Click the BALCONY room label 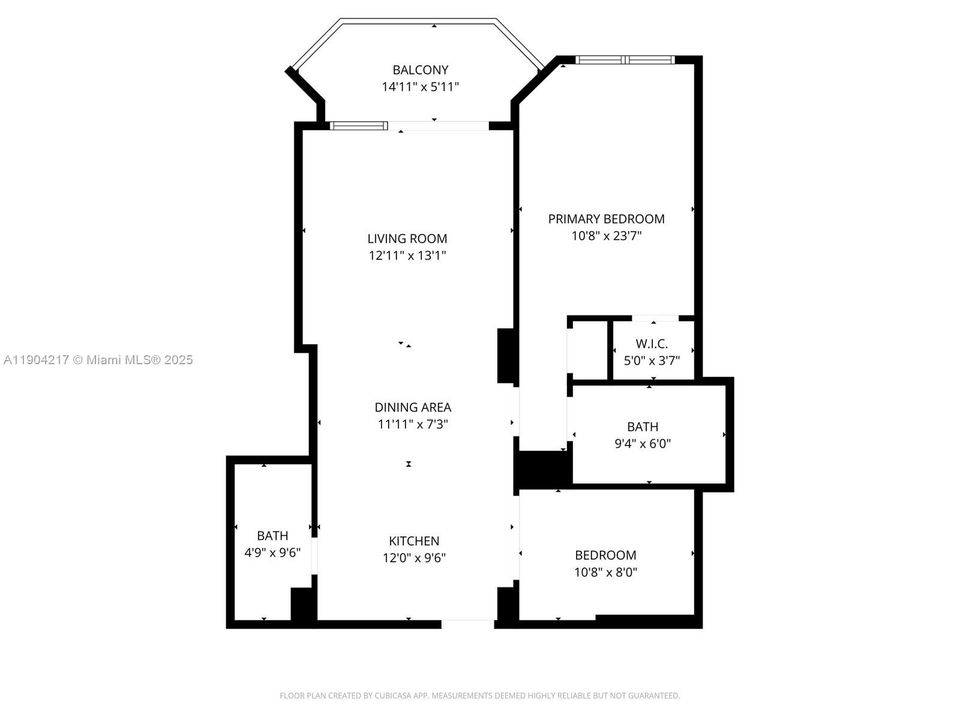(x=420, y=70)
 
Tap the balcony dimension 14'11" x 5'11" (x=420, y=87)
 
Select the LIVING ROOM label (x=407, y=238)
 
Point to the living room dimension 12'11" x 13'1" (x=407, y=255)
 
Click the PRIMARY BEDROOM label (x=606, y=219)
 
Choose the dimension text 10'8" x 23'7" (x=606, y=236)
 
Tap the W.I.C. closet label (x=651, y=343)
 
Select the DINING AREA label (x=413, y=407)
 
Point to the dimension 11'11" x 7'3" (x=413, y=424)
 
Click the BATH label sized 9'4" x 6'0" (x=643, y=427)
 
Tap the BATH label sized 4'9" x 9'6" (x=272, y=535)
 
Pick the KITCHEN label (x=414, y=541)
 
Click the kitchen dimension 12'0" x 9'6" (x=414, y=558)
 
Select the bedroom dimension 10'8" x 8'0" (x=605, y=573)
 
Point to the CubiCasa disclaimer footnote (x=480, y=695)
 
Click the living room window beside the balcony (x=359, y=125)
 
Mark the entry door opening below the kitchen (x=468, y=624)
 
